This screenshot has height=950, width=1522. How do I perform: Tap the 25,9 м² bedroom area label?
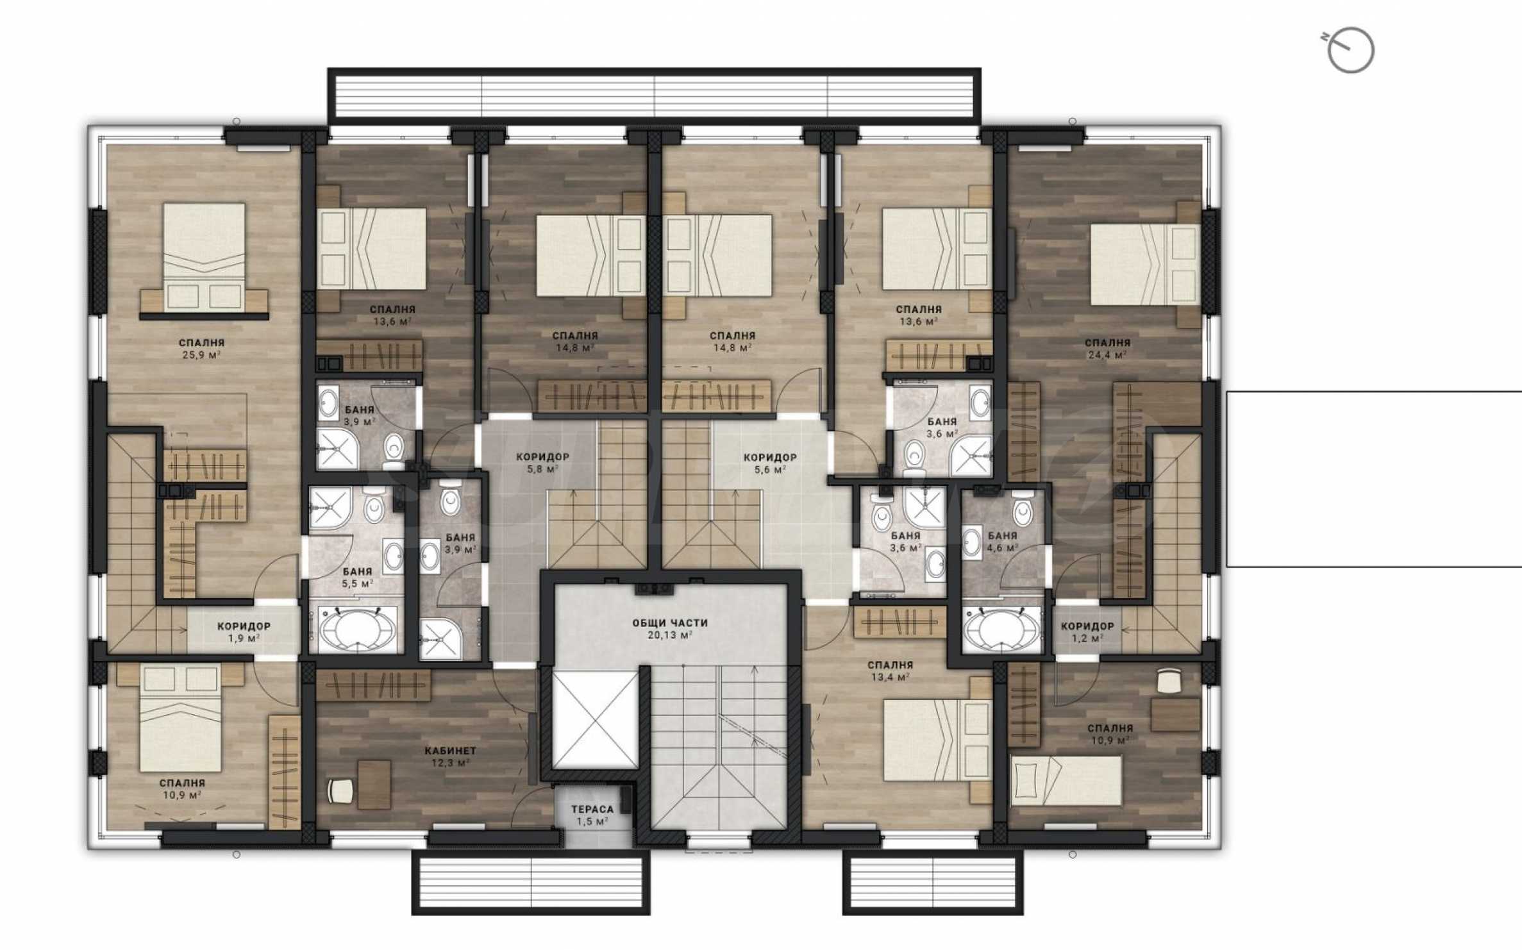pyautogui.click(x=201, y=354)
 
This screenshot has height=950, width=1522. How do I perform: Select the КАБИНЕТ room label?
pyautogui.click(x=451, y=750)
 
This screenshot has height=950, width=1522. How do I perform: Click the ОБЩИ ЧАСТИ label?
pyautogui.click(x=670, y=622)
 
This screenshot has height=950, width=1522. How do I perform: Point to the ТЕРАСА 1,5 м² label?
pyautogui.click(x=592, y=815)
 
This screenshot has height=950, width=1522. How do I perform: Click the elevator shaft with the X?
pyautogui.click(x=596, y=720)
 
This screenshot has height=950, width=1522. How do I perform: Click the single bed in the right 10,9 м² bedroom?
pyautogui.click(x=1066, y=780)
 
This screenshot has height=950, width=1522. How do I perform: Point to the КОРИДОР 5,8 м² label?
pyautogui.click(x=542, y=463)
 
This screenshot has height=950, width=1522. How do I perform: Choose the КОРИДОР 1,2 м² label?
pyautogui.click(x=1087, y=631)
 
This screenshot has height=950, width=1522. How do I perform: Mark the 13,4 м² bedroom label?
pyautogui.click(x=890, y=671)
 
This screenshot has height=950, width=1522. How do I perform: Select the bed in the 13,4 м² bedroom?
pyautogui.click(x=937, y=740)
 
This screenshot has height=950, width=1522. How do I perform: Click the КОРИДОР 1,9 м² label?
pyautogui.click(x=244, y=631)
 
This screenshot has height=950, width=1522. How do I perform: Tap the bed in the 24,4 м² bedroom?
pyautogui.click(x=1145, y=264)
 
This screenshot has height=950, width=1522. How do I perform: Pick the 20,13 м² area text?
pyautogui.click(x=670, y=635)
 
